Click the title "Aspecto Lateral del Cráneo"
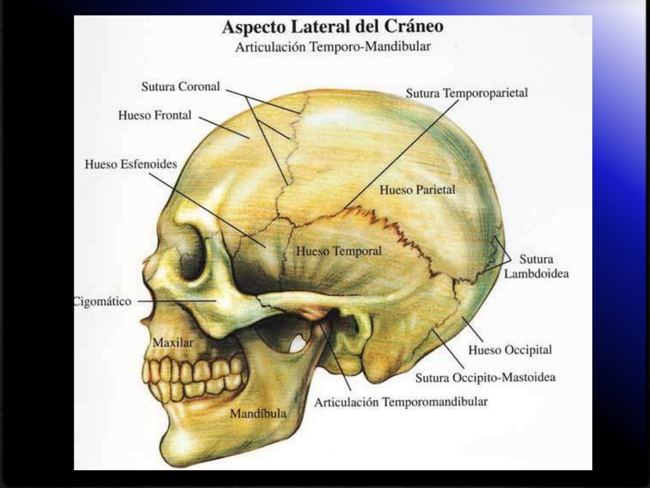pyautogui.click(x=332, y=27)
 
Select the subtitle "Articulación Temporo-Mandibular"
pyautogui.click(x=333, y=47)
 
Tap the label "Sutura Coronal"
pyautogui.click(x=181, y=86)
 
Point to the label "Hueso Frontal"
pyautogui.click(x=155, y=116)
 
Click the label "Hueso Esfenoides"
pyautogui.click(x=131, y=164)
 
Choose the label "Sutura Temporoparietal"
pyautogui.click(x=467, y=93)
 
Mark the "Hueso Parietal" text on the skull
pyautogui.click(x=417, y=189)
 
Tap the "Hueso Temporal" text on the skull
pyautogui.click(x=339, y=251)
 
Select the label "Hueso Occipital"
pyautogui.click(x=510, y=349)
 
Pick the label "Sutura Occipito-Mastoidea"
pyautogui.click(x=486, y=378)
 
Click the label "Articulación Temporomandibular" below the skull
pyautogui.click(x=401, y=402)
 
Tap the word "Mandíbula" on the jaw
pyautogui.click(x=258, y=414)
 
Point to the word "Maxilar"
pyautogui.click(x=173, y=342)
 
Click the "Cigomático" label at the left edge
pyautogui.click(x=103, y=302)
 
